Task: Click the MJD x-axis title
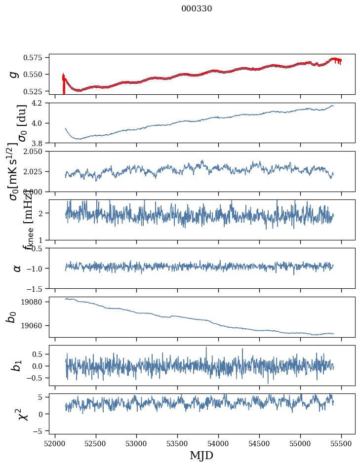point(202,456)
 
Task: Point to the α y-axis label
point(17,268)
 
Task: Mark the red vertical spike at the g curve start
point(64,85)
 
